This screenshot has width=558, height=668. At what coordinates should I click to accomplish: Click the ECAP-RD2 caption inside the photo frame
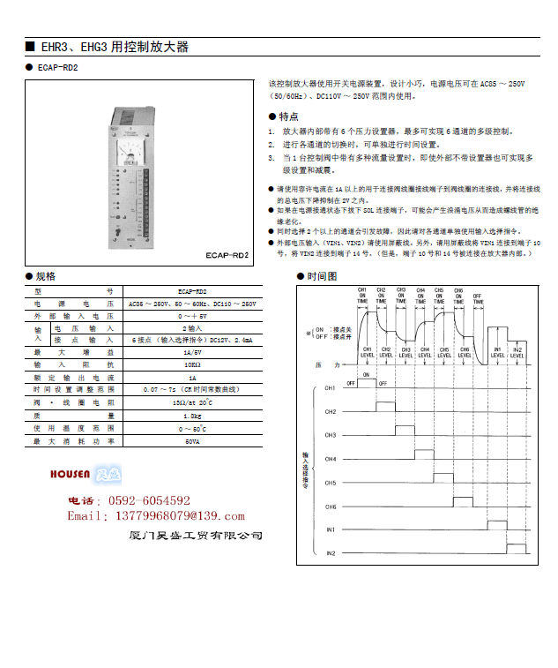(x=230, y=255)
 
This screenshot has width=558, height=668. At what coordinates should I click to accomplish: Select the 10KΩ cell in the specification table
(x=192, y=364)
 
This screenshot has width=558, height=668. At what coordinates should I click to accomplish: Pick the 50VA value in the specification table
(x=192, y=440)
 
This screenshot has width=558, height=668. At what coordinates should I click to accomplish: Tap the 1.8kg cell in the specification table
(x=192, y=415)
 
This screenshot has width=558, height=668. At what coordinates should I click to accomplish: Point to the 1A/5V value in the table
(x=192, y=351)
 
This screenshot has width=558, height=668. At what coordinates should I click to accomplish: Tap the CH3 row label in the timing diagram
(x=331, y=435)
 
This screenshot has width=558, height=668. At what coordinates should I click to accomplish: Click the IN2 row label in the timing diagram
(x=331, y=553)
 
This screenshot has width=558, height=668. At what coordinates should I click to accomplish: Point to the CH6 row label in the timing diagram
(x=331, y=507)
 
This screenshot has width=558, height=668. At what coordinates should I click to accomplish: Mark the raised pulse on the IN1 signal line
(x=497, y=524)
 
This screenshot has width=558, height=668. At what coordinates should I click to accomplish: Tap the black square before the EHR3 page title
(x=30, y=47)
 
